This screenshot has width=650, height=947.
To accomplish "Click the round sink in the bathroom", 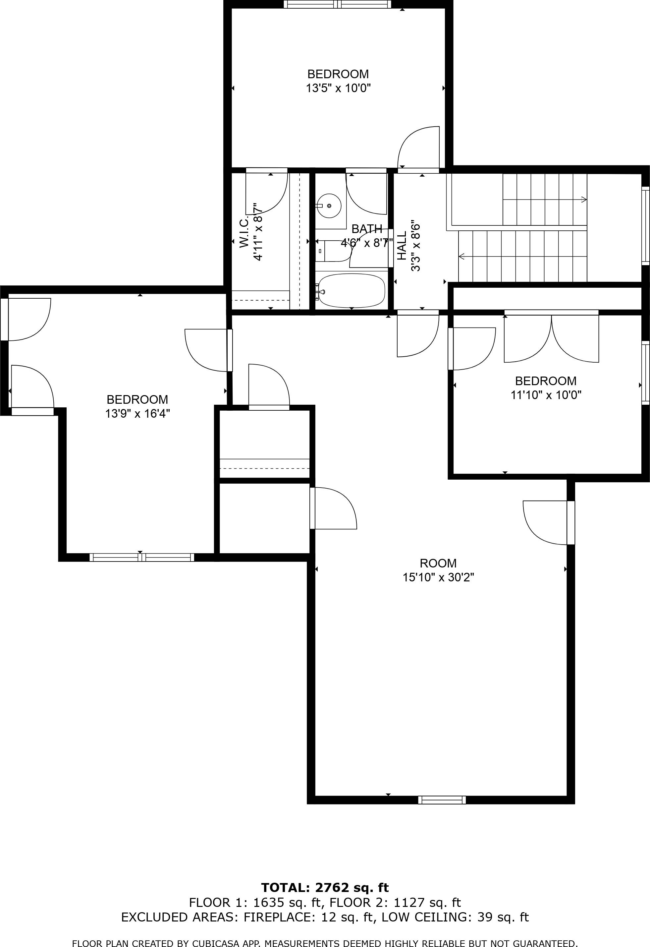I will (329, 206).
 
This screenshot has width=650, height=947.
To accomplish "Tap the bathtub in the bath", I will (351, 290).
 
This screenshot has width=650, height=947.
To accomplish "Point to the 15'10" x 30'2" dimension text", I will (438, 577).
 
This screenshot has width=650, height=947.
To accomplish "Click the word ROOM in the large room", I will (438, 563).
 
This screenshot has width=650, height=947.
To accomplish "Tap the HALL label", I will (402, 245).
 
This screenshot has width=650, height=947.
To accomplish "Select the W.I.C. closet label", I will (244, 232).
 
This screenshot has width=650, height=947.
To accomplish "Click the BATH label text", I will (367, 229).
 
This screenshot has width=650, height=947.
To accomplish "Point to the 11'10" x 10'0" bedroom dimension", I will (546, 395).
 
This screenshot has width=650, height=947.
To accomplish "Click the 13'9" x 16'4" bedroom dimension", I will (137, 414).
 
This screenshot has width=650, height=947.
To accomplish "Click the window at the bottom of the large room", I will (442, 800).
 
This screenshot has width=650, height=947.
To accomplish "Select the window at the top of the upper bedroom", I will (337, 5).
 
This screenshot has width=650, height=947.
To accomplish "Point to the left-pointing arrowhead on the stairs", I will (461, 256).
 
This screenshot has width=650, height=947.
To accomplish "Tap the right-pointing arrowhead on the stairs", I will (584, 200).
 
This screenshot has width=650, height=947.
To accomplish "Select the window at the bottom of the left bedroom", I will (142, 558).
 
